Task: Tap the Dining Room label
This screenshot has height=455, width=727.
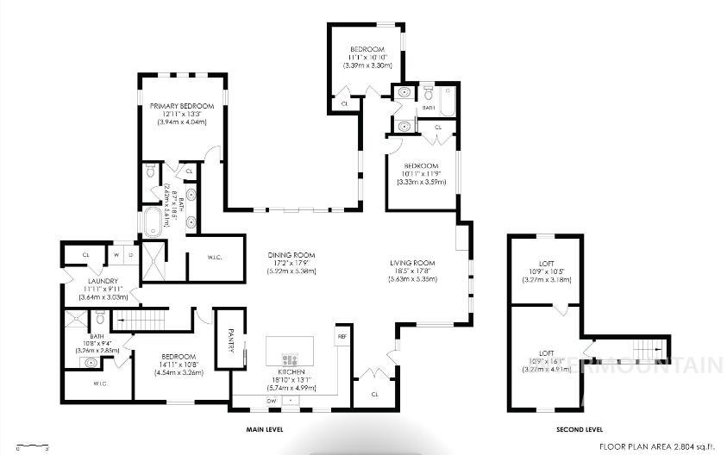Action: pos(291,255)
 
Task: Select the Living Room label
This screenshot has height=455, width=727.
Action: pos(410,263)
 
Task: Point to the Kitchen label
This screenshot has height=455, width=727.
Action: pos(291,371)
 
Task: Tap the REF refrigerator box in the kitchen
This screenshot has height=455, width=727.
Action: pos(342,336)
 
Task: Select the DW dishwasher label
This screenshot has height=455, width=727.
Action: pos(272,401)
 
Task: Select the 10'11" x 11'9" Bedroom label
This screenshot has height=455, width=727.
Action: pos(420,165)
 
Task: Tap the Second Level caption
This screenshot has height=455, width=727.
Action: pos(579,428)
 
